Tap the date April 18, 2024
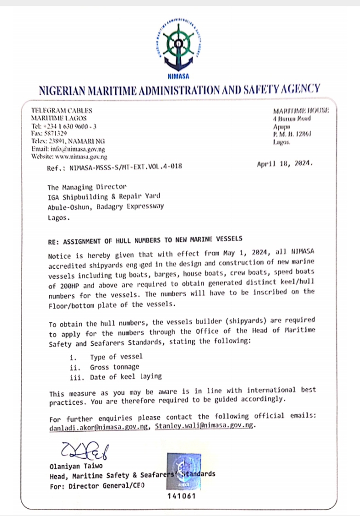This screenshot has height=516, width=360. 285,164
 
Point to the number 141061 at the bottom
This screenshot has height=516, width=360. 181,496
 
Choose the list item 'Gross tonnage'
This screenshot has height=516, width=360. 115,366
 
